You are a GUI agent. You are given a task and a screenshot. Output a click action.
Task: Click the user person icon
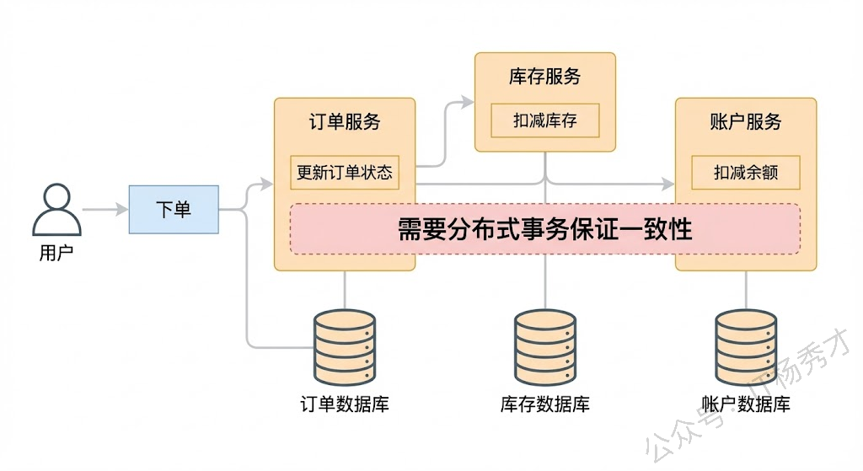pyautogui.click(x=56, y=210)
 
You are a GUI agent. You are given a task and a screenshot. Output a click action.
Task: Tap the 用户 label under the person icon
pyautogui.click(x=56, y=253)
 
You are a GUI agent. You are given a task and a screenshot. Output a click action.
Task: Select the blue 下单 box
pyautogui.click(x=174, y=209)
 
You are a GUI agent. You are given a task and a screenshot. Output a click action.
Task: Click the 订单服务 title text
pyautogui.click(x=345, y=121)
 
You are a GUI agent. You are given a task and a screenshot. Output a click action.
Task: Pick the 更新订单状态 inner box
pyautogui.click(x=345, y=173)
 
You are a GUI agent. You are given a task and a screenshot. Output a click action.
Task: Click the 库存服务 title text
pyautogui.click(x=545, y=77)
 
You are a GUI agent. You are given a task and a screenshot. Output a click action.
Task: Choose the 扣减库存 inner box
pyautogui.click(x=545, y=120)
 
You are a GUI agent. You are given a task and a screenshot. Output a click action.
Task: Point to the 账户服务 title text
pyautogui.click(x=746, y=121)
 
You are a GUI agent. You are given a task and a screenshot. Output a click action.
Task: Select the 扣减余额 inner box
pyautogui.click(x=746, y=173)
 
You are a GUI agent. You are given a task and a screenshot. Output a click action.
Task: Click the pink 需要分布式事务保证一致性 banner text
pyautogui.click(x=545, y=229)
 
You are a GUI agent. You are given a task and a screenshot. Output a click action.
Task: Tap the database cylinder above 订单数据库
pyautogui.click(x=345, y=345)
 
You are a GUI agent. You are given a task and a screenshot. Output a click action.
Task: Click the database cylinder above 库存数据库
pyautogui.click(x=545, y=345)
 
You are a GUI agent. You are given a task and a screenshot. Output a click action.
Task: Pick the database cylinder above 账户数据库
pyautogui.click(x=746, y=345)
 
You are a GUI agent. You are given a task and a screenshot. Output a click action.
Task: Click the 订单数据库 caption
pyautogui.click(x=345, y=404)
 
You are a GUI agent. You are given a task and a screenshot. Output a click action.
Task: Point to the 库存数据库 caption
pyautogui.click(x=545, y=404)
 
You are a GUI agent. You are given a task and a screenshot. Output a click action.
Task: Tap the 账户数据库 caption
pyautogui.click(x=746, y=404)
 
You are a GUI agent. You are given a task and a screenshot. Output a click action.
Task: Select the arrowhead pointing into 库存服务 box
pyautogui.click(x=469, y=102)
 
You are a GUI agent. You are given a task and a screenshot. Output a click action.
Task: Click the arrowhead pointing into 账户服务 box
pyautogui.click(x=669, y=184)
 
